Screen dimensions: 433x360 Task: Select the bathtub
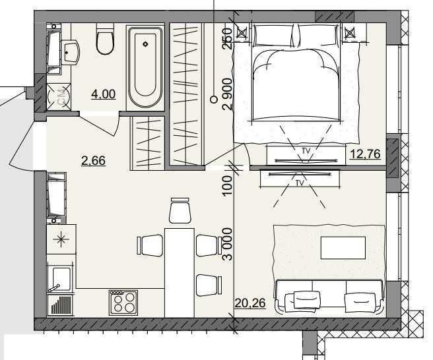pos(145,67)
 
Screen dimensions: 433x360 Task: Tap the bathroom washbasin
pos(70,52)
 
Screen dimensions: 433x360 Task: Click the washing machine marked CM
pos(59,96)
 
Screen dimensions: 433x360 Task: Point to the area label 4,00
pos(103,94)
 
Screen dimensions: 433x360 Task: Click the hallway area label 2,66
pos(93,160)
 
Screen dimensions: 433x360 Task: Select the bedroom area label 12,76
pos(365,154)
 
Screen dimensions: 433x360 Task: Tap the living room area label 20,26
pos(250,303)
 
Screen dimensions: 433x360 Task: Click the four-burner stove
pos(123,303)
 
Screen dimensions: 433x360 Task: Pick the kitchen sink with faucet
pos(61,279)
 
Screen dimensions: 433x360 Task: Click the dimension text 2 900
pos(227,94)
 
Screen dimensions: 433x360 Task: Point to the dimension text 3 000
pos(228,244)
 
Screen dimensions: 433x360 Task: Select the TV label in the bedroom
pos(306,151)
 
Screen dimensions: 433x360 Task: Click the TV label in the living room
pos(300,183)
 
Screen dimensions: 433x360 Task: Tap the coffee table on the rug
pos(343,247)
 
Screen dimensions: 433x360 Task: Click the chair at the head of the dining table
pos(180,210)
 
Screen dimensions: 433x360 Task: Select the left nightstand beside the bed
pos(242,33)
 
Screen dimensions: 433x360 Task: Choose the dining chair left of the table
pos(150,245)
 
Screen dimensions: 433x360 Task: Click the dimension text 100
pos(227,186)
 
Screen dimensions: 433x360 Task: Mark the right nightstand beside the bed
pos(350,33)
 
